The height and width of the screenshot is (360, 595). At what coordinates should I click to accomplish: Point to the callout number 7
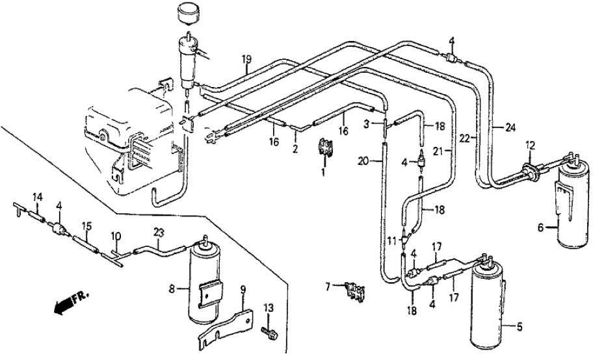pos(329,284)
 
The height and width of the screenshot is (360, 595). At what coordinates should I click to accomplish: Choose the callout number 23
pos(158,231)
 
